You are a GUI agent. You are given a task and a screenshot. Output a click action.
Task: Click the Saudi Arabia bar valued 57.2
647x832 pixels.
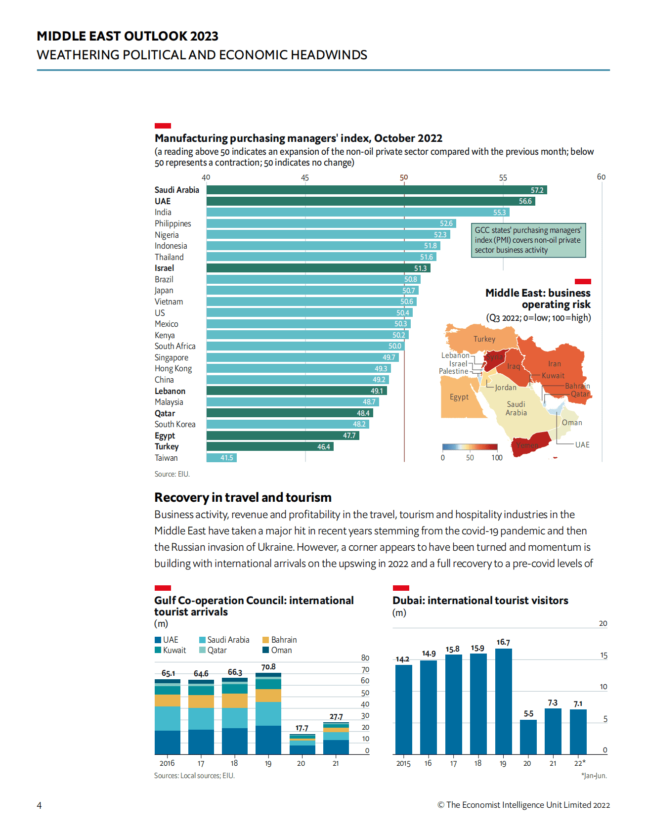point(376,190)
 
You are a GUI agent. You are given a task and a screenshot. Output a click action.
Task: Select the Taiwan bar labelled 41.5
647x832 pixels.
point(221,458)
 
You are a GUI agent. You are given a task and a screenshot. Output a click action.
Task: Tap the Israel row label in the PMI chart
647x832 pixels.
point(164,268)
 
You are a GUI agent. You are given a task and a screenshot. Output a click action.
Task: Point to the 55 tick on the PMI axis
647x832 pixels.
point(503,177)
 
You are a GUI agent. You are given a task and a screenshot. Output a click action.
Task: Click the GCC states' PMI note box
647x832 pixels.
point(528,240)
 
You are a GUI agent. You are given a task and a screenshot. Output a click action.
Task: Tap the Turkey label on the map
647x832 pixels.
point(484,339)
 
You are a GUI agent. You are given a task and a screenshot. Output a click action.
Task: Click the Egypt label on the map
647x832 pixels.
point(459,397)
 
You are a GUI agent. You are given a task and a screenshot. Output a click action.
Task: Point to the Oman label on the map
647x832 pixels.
point(571,423)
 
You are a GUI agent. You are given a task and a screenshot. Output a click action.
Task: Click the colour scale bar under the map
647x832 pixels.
point(470,447)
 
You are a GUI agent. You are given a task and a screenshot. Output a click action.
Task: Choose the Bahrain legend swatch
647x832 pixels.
point(265,640)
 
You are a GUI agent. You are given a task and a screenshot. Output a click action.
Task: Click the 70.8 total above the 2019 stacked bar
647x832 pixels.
point(268,667)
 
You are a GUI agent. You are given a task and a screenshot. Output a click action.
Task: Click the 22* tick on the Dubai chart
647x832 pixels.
point(579,763)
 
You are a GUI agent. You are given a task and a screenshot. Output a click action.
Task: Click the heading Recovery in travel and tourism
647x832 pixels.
point(243,497)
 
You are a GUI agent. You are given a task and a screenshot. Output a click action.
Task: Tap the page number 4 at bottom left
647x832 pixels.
point(40,805)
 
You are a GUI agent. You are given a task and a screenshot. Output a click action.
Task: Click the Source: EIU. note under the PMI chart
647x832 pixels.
point(172,474)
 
